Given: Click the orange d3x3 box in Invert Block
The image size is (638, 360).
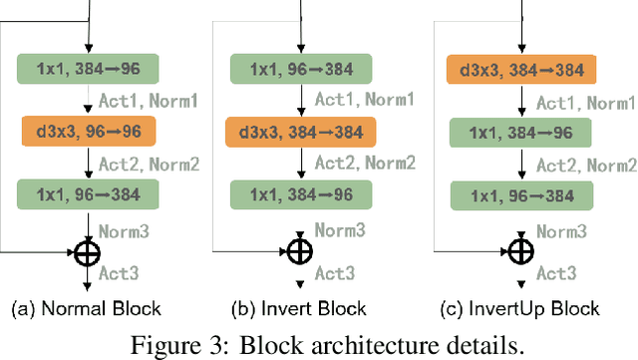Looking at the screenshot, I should (300, 131).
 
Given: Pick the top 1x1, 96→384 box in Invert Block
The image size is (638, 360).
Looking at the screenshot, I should (300, 69).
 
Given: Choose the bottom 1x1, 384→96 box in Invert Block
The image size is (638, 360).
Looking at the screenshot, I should (300, 192).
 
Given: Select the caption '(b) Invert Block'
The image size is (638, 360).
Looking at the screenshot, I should (299, 308).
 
